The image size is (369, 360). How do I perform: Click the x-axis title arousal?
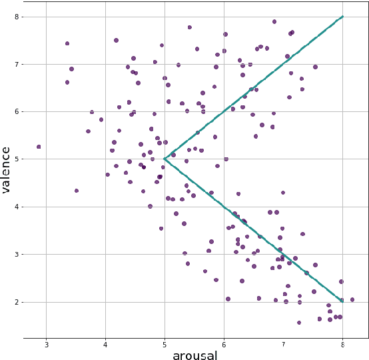(194, 355)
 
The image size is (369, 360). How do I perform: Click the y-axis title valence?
(6, 169)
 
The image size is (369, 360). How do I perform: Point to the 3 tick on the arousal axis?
(46, 344)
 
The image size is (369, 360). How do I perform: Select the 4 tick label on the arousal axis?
(105, 344)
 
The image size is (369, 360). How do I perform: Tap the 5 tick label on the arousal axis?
(165, 344)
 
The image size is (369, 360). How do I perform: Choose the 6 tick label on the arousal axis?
(224, 344)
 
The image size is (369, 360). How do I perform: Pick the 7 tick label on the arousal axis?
(283, 344)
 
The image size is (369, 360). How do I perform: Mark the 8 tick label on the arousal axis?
(342, 344)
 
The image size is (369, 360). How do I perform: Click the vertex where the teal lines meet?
(165, 159)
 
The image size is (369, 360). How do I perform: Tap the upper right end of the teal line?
(342, 16)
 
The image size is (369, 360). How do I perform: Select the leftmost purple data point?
(39, 147)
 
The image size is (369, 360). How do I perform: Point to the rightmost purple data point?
(352, 300)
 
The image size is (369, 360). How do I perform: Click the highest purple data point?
(274, 21)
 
